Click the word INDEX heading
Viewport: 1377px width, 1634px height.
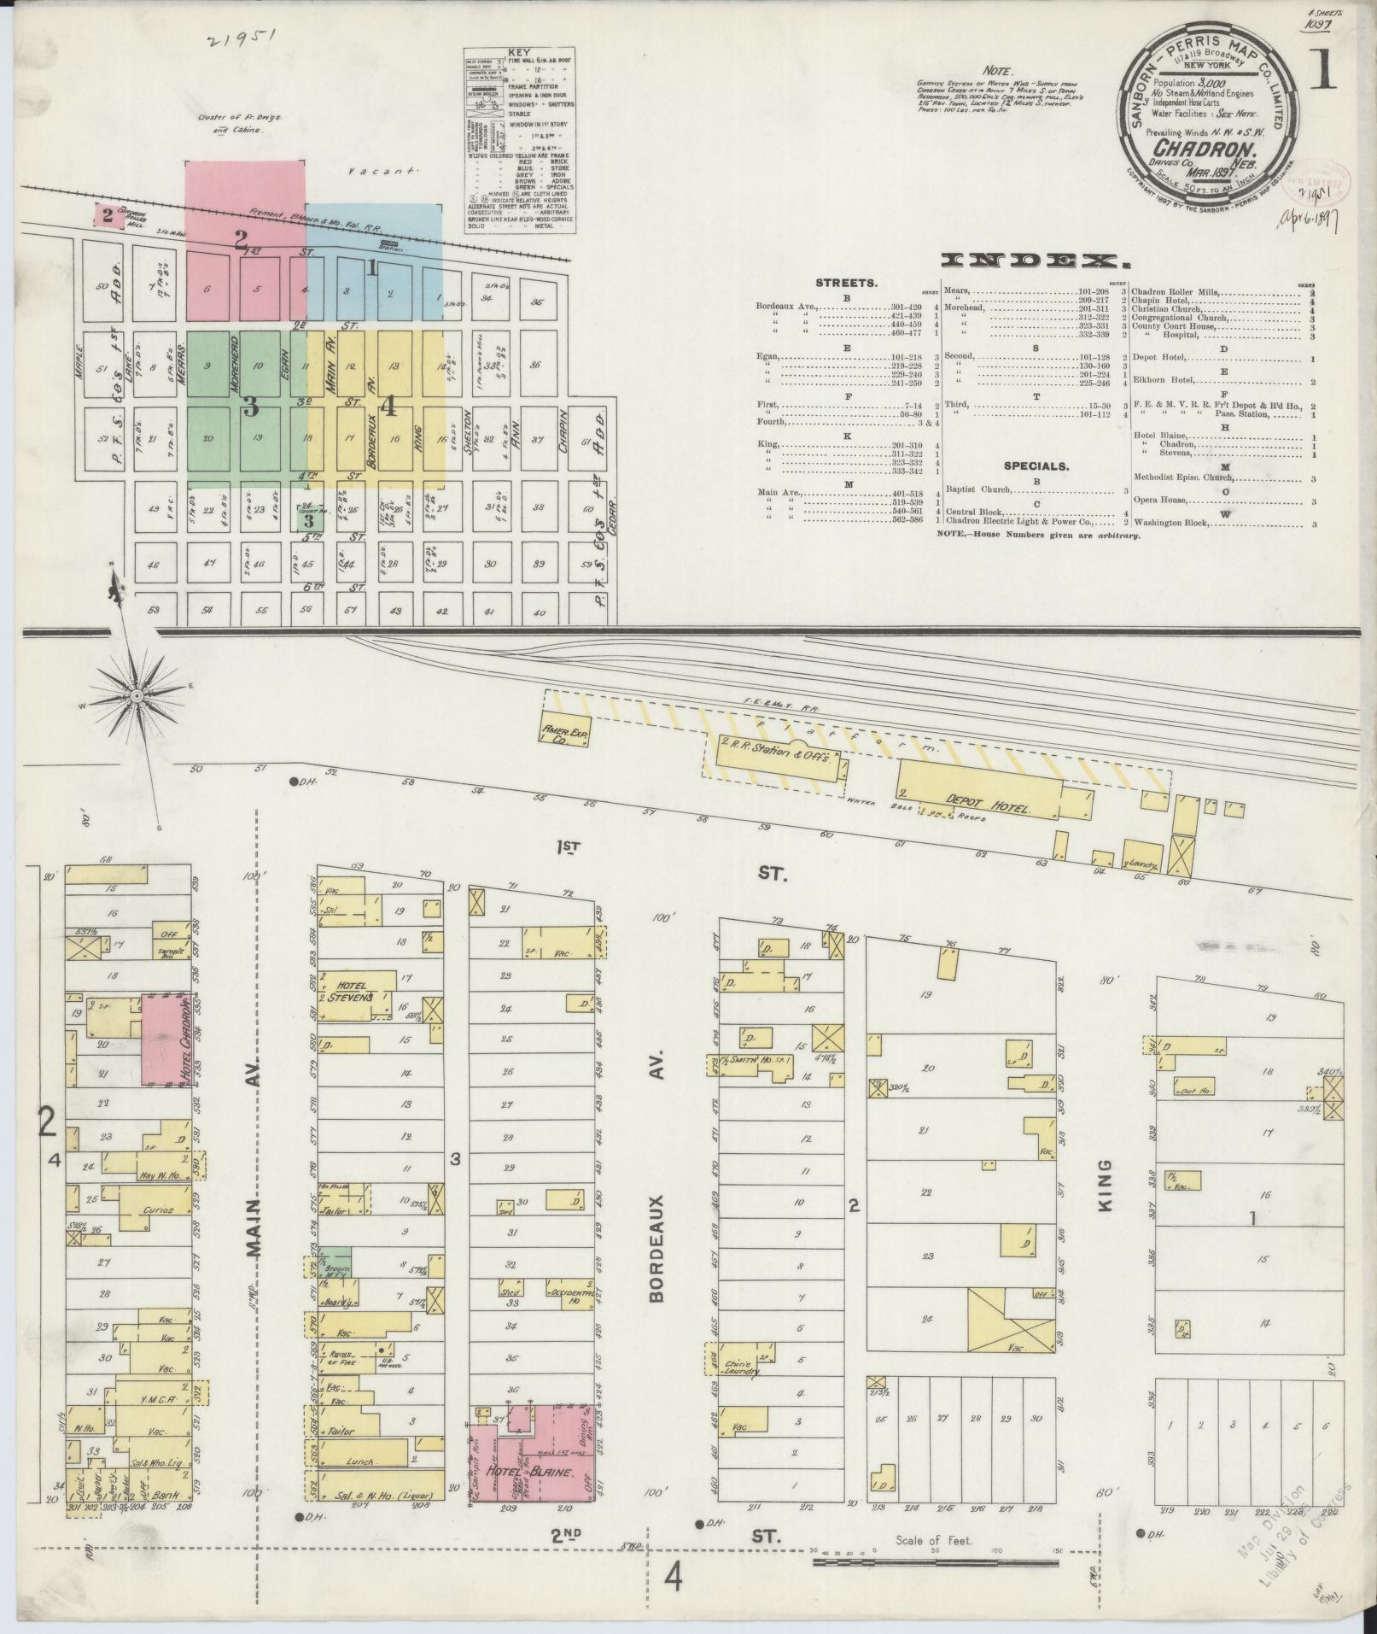[1030, 261]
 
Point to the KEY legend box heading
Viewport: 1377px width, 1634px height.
[518, 51]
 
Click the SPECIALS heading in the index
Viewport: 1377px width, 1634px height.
[1035, 467]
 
